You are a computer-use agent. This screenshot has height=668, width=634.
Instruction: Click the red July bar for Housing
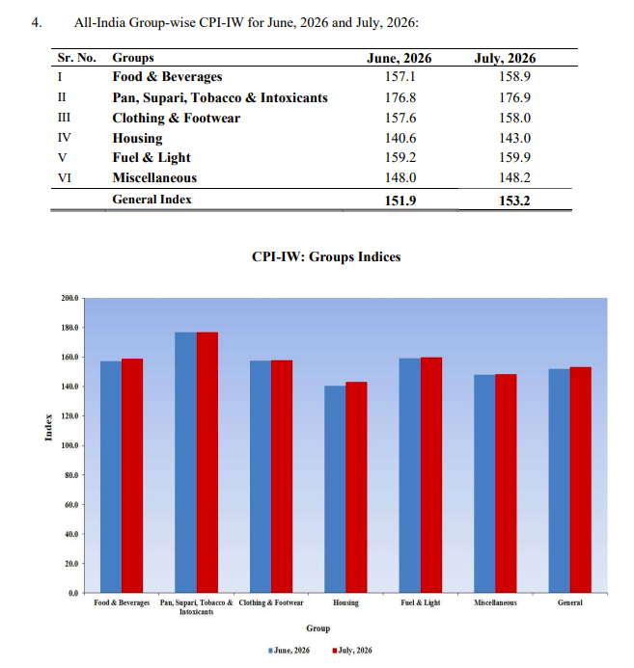(x=356, y=487)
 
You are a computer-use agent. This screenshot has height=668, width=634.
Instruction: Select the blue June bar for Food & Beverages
(x=111, y=477)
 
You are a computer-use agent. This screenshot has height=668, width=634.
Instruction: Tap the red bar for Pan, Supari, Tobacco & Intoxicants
(x=207, y=463)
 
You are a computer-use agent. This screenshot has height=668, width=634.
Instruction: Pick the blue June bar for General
(x=559, y=481)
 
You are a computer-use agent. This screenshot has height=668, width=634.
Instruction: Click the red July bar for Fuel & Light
(x=431, y=475)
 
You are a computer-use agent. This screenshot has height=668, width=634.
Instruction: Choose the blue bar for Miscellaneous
(x=484, y=484)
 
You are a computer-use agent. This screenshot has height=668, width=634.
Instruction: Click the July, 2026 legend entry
(x=352, y=650)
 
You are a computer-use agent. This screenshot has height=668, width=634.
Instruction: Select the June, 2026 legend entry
(x=289, y=650)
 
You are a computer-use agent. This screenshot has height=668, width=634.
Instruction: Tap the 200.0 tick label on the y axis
(x=69, y=298)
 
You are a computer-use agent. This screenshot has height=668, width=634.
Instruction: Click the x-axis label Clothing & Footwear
(x=271, y=602)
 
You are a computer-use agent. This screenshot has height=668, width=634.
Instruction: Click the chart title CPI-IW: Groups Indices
(x=326, y=256)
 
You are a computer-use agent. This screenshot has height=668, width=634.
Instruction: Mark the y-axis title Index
(x=48, y=427)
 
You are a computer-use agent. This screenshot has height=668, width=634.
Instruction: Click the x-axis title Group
(x=318, y=628)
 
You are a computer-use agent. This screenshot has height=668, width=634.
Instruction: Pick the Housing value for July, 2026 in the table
(x=514, y=138)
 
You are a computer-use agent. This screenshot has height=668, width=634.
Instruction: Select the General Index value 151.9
(x=400, y=200)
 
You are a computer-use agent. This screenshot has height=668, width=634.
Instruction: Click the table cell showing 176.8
(x=400, y=97)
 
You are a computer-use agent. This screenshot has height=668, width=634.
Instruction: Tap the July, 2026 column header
(x=505, y=58)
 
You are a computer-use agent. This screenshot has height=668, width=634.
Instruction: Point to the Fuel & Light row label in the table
(x=152, y=157)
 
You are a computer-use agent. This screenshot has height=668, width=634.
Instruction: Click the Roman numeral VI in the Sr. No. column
(x=64, y=177)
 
